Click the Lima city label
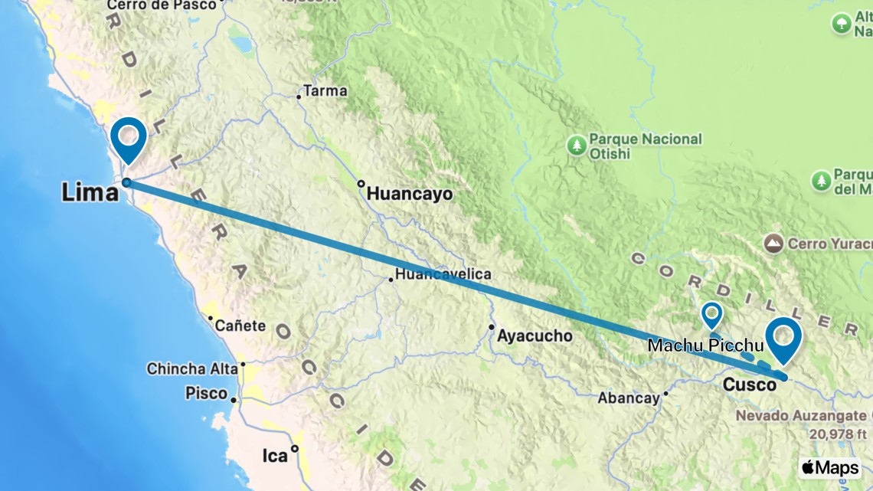(x=90, y=192)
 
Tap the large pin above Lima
(x=128, y=138)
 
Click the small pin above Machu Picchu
(x=712, y=314)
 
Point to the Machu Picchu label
(x=705, y=345)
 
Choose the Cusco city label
(x=750, y=385)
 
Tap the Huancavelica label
(x=443, y=274)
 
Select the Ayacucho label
(x=535, y=336)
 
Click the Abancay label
(x=628, y=398)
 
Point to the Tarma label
(x=325, y=91)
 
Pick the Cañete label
(x=240, y=326)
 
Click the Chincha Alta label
(x=192, y=368)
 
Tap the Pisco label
(x=207, y=394)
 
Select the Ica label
(x=275, y=456)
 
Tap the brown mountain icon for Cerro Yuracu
(x=773, y=244)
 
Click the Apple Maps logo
(x=829, y=467)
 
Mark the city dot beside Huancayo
(x=361, y=184)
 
